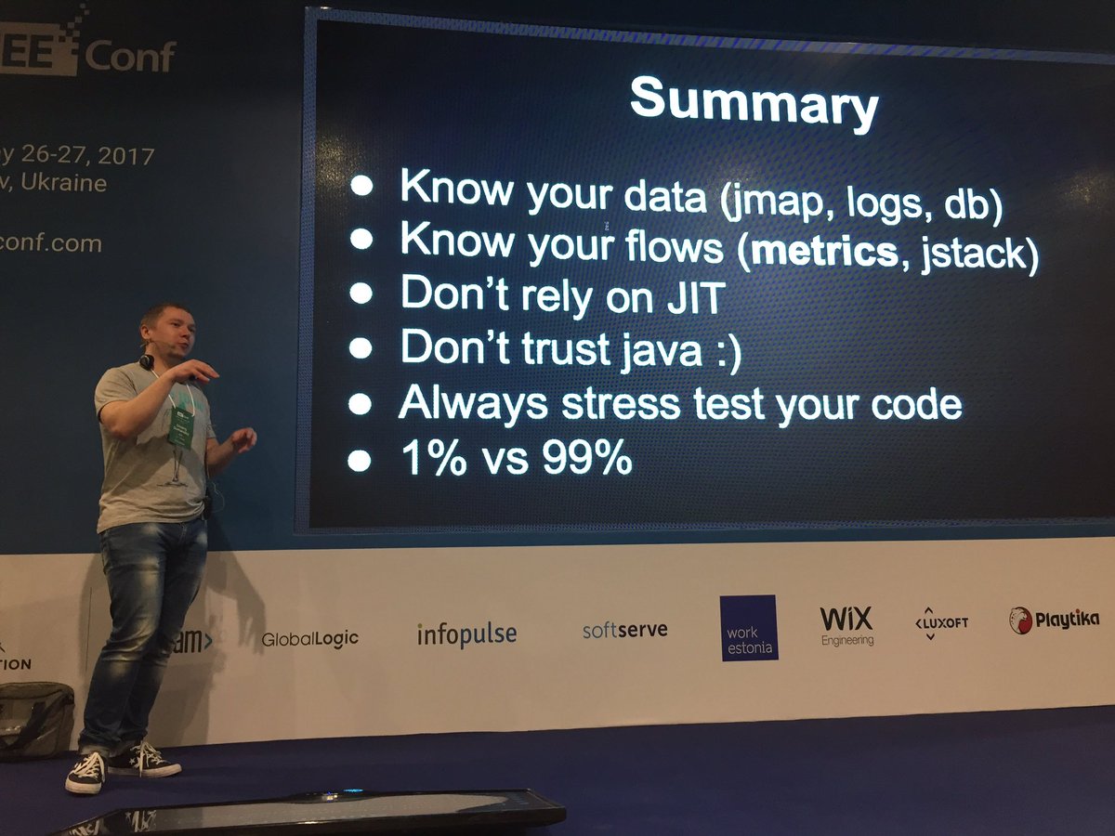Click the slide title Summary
[753, 101]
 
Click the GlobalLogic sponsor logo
[309, 639]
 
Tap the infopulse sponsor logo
[466, 635]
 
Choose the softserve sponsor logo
[624, 631]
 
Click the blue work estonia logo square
[749, 628]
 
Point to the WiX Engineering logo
[846, 624]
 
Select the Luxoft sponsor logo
[941, 622]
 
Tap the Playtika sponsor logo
[1054, 620]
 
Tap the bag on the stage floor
[35, 719]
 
